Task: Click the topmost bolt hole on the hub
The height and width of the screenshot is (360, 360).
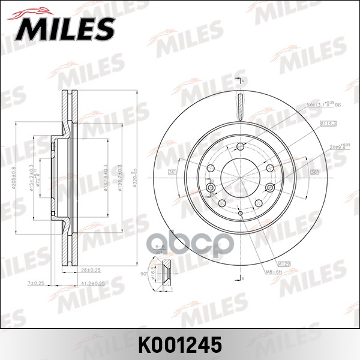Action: pos(240,147)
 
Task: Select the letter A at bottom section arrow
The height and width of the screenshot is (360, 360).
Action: pos(244,278)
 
